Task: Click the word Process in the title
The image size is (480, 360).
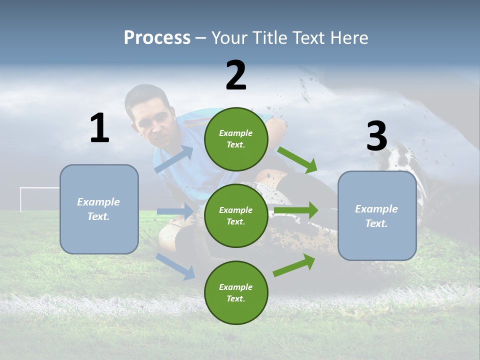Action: click(157, 38)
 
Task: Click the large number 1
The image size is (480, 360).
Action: click(99, 128)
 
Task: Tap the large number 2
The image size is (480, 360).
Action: click(236, 75)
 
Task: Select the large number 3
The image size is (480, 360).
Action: click(376, 136)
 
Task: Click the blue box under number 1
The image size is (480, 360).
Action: click(99, 209)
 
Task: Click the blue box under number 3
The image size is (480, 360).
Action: click(377, 216)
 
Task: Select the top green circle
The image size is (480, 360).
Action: click(236, 139)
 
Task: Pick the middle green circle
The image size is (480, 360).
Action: click(236, 215)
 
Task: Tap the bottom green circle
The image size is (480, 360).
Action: click(236, 292)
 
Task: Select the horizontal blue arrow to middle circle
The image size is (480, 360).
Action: click(175, 212)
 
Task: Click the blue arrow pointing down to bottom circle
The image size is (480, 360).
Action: click(175, 266)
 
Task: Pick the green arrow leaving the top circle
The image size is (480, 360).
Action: click(297, 160)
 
